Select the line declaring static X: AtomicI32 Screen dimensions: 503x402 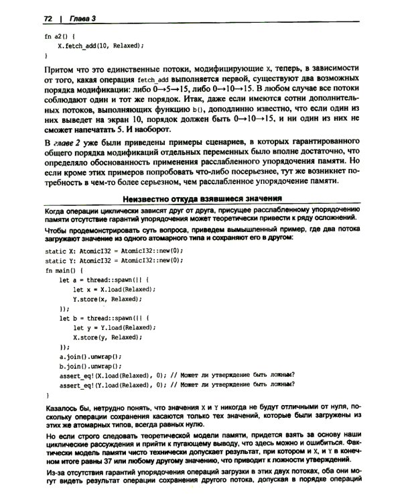[x=113, y=249]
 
